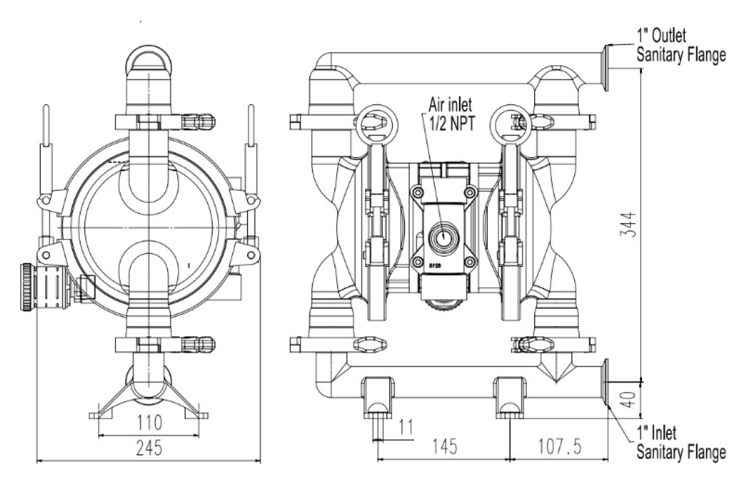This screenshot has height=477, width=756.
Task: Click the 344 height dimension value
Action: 627,225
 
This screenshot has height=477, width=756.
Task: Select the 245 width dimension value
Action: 149,448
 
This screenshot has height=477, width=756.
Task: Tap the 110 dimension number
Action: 149,423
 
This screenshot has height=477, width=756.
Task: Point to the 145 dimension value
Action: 444,446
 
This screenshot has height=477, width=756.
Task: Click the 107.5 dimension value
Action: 560,446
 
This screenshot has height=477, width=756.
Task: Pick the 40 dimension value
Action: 627,399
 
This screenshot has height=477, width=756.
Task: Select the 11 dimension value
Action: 406,427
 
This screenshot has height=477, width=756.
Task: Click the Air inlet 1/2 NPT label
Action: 450,114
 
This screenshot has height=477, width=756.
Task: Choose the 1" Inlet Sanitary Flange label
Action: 681,443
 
